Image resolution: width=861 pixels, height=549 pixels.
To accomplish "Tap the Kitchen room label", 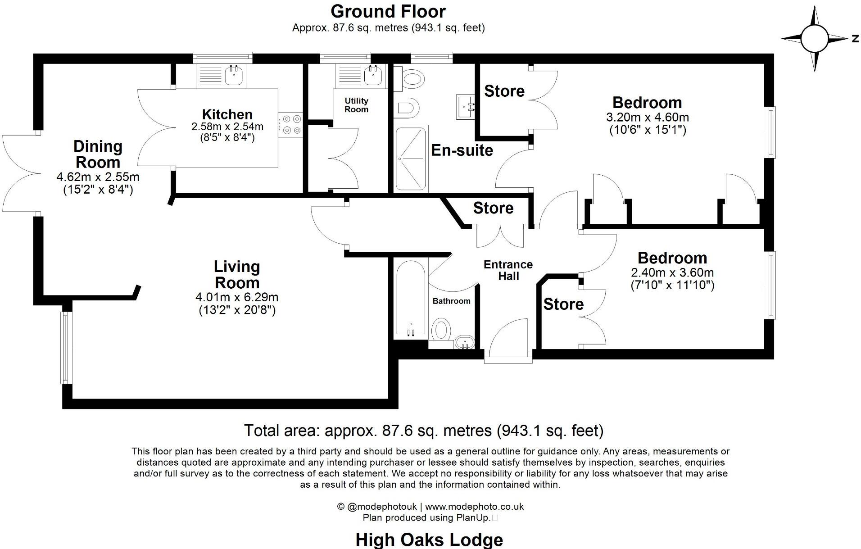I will click(x=227, y=114).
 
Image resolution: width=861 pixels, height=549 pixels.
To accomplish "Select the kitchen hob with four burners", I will click(x=290, y=125).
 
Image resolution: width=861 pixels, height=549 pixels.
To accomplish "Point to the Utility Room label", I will click(x=356, y=105).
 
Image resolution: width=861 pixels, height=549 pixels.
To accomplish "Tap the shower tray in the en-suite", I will click(x=410, y=159).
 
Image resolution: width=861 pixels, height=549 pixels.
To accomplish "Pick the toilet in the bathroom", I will click(x=441, y=330).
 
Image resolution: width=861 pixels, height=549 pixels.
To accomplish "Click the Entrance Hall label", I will click(x=508, y=270).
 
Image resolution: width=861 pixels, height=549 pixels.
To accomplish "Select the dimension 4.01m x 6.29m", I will click(x=236, y=297).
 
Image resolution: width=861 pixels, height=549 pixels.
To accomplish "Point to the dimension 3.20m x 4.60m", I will click(x=647, y=118).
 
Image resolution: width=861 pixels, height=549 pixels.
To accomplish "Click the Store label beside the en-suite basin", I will click(x=504, y=91).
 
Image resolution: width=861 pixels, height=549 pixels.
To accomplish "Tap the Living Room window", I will click(x=66, y=348).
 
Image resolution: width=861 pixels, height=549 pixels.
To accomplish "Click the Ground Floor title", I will click(x=388, y=11).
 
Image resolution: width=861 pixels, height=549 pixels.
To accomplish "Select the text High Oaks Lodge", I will click(x=429, y=540).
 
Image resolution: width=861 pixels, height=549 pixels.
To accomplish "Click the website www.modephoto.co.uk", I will click(x=474, y=507).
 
